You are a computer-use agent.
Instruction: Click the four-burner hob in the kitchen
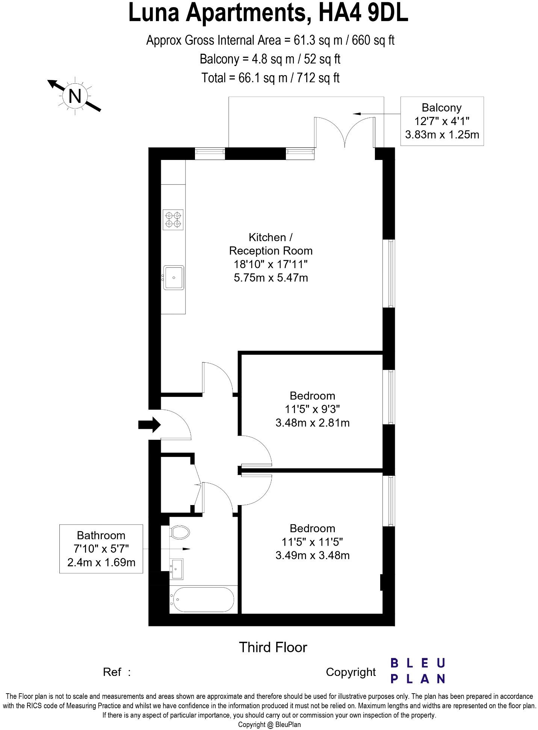[173, 220]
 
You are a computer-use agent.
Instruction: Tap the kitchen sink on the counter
[174, 278]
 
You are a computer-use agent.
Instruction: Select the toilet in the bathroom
[180, 532]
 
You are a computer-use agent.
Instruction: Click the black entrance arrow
[150, 425]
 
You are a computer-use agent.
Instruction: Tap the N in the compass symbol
[75, 96]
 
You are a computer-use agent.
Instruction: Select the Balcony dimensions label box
[442, 121]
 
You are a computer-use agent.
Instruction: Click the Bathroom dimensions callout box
[101, 549]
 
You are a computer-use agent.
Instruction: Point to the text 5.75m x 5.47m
[271, 278]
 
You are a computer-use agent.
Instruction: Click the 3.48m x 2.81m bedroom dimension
[312, 423]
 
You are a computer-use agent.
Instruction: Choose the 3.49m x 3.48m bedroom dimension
[312, 555]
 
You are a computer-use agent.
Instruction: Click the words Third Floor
[273, 647]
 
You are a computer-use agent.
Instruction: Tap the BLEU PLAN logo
[417, 670]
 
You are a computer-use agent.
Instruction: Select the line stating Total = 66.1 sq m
[271, 78]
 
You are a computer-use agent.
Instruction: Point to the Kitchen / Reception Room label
[271, 244]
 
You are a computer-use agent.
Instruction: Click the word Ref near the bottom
[112, 672]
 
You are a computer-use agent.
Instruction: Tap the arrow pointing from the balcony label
[376, 113]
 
